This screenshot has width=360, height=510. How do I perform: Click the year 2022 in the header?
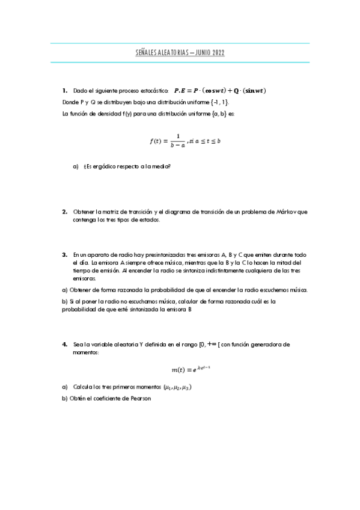tap(218, 54)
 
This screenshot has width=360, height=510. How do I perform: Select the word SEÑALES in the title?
tap(146, 54)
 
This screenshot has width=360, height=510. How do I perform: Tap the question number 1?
tap(64, 91)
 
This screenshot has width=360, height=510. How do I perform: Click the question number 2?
tap(64, 212)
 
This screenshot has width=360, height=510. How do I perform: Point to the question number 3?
tap(64, 255)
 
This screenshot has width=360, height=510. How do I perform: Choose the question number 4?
tap(64, 345)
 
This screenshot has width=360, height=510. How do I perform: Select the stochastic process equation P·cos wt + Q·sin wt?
tap(221, 91)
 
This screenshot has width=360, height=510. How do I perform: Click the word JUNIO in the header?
tap(200, 54)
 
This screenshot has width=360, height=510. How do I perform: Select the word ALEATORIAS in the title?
tap(174, 54)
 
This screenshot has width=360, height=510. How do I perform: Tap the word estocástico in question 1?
tap(149, 91)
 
